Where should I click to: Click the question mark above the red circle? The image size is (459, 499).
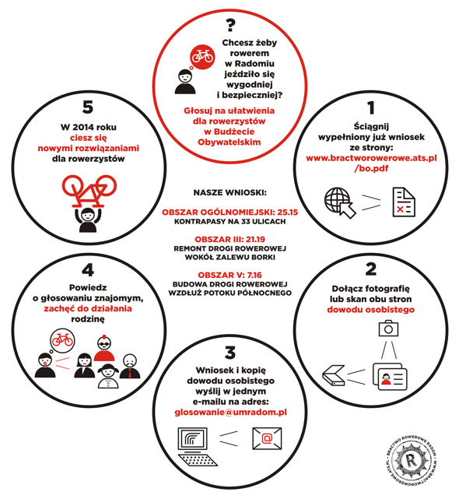pyautogui.click(x=230, y=25)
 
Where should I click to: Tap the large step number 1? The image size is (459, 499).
pyautogui.click(x=371, y=108)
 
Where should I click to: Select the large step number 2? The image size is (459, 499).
pyautogui.click(x=371, y=269)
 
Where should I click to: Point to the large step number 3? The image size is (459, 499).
pyautogui.click(x=230, y=353)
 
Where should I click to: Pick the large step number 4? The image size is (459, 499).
pyautogui.click(x=88, y=270)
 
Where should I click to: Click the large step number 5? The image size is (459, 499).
pyautogui.click(x=88, y=107)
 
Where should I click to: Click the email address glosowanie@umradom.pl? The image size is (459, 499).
pyautogui.click(x=230, y=413)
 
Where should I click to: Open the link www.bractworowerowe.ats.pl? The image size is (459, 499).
pyautogui.click(x=371, y=158)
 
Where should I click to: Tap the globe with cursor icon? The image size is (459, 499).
pyautogui.click(x=339, y=202)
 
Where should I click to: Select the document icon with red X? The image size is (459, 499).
pyautogui.click(x=404, y=202)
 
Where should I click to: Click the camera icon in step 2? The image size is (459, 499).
pyautogui.click(x=388, y=329)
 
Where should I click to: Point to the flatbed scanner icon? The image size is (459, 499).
pyautogui.click(x=334, y=375)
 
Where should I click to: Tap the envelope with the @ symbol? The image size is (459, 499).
pyautogui.click(x=267, y=438)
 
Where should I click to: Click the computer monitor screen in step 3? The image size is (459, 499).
pyautogui.click(x=192, y=440)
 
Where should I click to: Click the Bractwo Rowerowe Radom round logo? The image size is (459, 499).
pyautogui.click(x=411, y=460)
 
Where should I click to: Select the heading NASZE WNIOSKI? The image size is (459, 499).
pyautogui.click(x=230, y=192)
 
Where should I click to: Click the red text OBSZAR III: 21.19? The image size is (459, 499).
pyautogui.click(x=230, y=239)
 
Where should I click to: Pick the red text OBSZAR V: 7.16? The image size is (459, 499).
pyautogui.click(x=230, y=275)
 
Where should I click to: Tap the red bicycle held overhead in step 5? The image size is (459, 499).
pyautogui.click(x=89, y=190)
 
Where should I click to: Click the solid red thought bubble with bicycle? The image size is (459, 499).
pyautogui.click(x=202, y=57)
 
